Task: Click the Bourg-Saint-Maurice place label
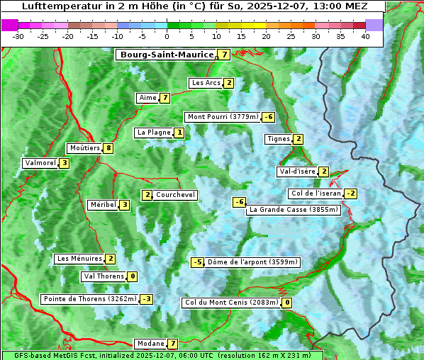pos(167,55)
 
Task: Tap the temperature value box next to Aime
pos(164,98)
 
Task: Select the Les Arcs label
pos(206,83)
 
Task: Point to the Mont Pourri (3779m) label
pos(222,117)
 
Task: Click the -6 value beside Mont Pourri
pos(268,117)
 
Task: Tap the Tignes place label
pos(278,139)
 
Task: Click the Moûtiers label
pos(84,148)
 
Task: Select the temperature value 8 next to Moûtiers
pos(108,148)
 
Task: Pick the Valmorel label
pos(40,163)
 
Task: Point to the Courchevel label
pos(175,195)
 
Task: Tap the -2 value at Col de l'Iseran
pos(350,193)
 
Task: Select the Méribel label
pos(103,205)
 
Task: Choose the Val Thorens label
pos(104,276)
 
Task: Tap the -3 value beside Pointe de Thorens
pos(146,299)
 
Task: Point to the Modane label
pos(150,344)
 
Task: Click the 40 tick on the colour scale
pos(365,36)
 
